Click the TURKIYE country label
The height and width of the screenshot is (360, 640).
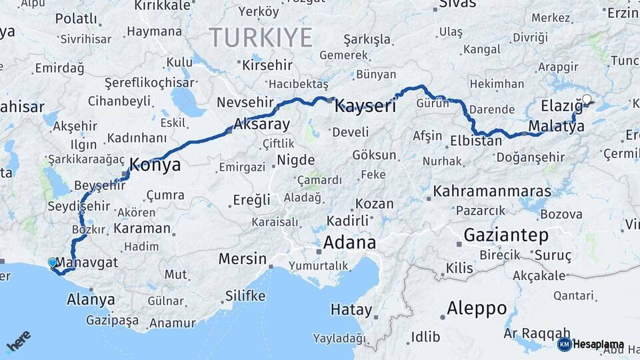point(261,37)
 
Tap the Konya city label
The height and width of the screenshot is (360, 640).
point(155,165)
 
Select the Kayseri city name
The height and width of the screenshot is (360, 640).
point(365,105)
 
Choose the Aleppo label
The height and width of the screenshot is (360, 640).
point(477,309)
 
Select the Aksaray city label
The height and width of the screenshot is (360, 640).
point(261,125)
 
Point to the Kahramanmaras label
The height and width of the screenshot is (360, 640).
point(492,191)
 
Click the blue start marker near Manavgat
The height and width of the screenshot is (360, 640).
point(53,263)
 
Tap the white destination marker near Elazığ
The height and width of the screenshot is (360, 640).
point(587,100)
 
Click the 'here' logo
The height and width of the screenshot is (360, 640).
point(19,341)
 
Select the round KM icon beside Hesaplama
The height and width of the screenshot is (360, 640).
point(564,344)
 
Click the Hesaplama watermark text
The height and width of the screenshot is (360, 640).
point(598,345)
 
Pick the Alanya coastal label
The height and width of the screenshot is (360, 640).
point(91,299)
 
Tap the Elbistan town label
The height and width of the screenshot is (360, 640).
point(475,141)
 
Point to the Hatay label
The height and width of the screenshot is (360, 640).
point(350,309)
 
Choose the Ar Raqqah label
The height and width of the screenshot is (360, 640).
point(537,333)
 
